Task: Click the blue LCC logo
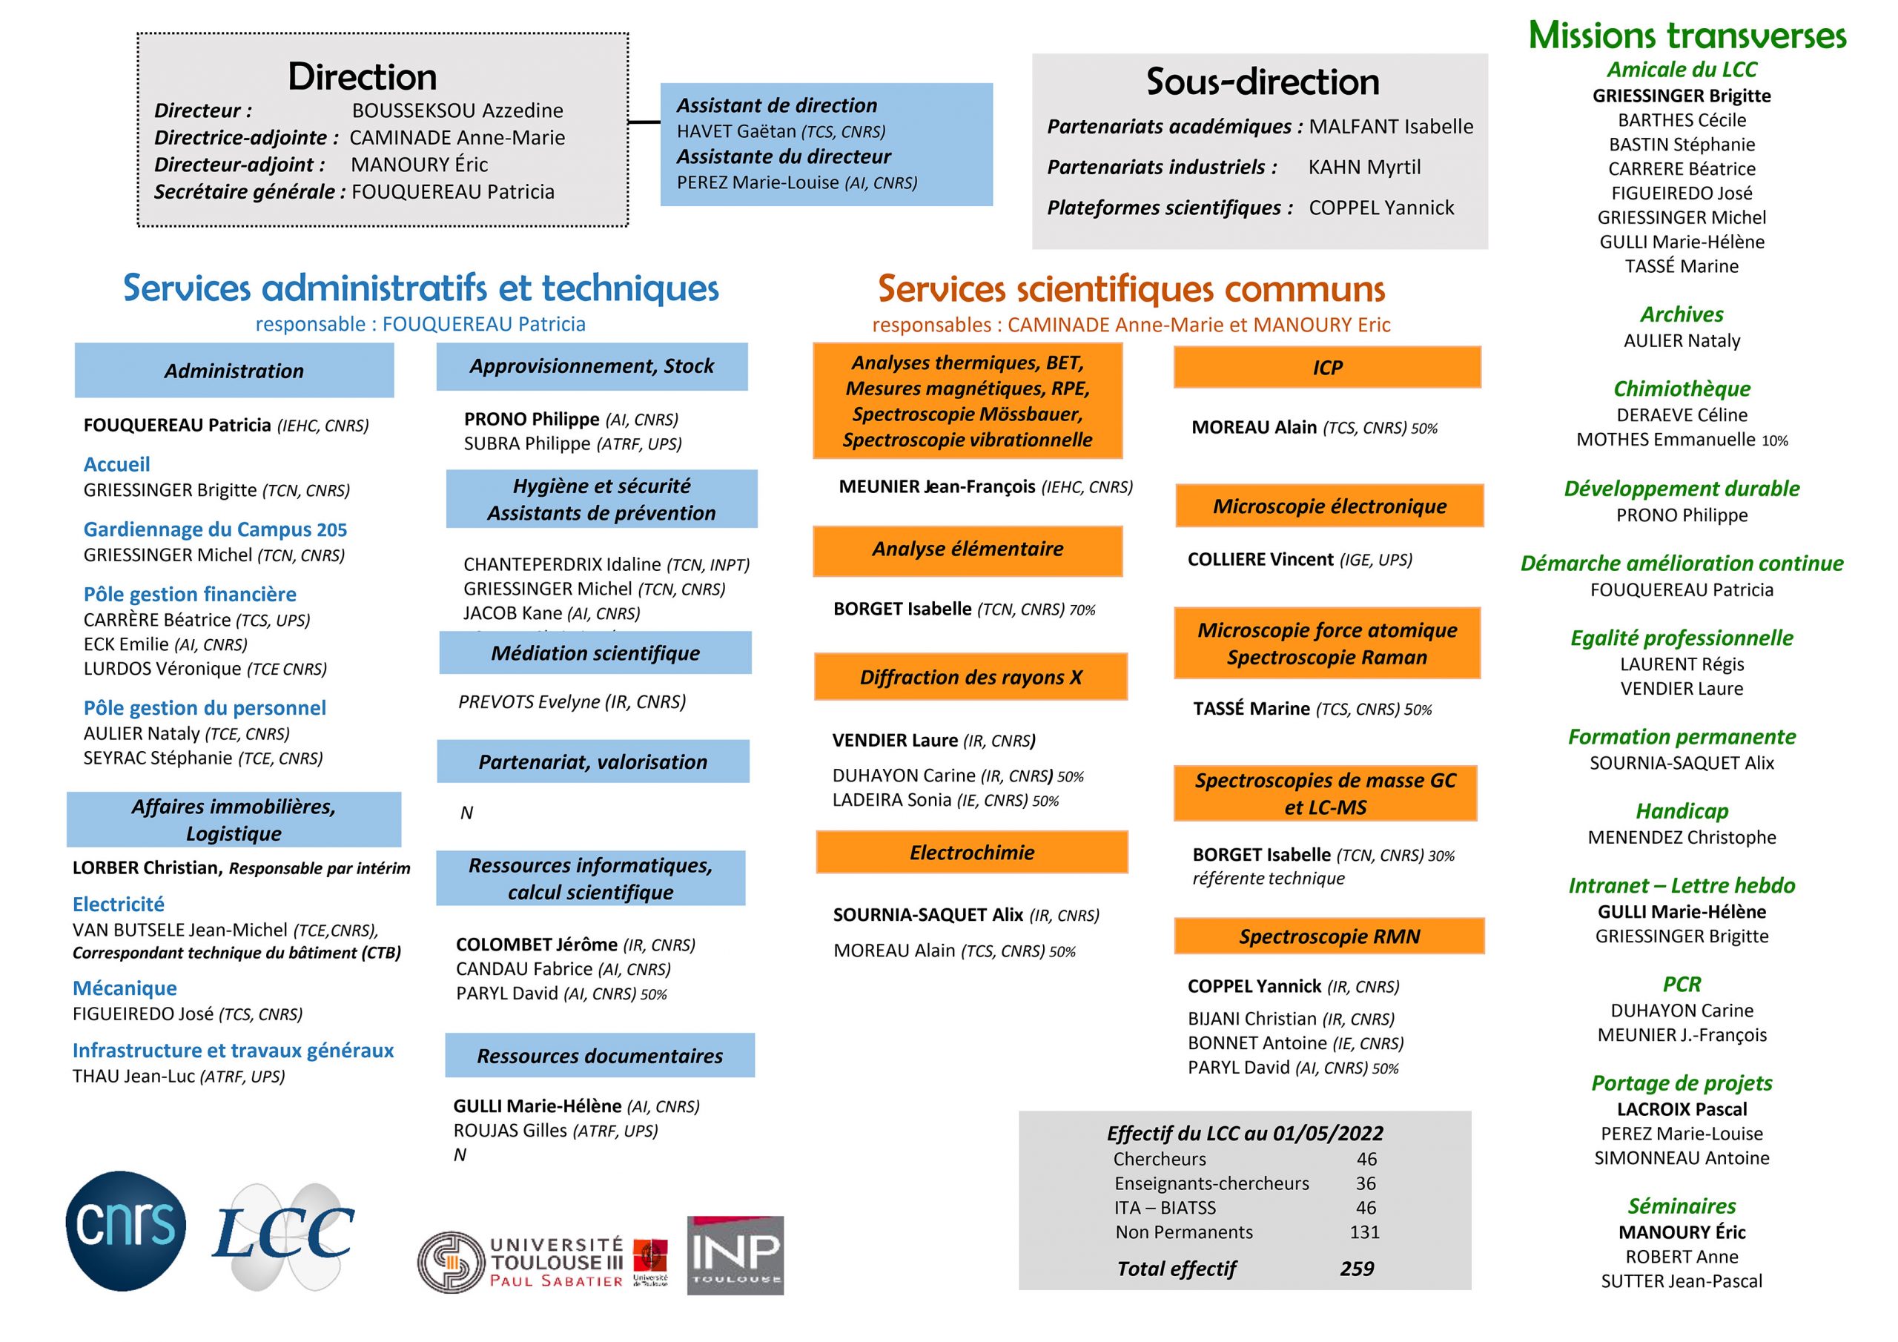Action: tap(282, 1233)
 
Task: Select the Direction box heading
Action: tap(362, 77)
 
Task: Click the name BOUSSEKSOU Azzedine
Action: tap(457, 110)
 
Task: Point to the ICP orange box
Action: tap(1327, 368)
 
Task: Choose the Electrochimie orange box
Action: tap(971, 853)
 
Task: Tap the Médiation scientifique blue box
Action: tap(595, 653)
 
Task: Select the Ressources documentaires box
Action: tap(599, 1056)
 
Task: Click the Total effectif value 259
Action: tap(1357, 1269)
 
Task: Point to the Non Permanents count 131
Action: tap(1364, 1232)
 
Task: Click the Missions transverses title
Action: tap(1687, 36)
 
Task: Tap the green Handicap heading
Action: tap(1682, 811)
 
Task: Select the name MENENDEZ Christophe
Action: tap(1682, 838)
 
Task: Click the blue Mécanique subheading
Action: tap(125, 988)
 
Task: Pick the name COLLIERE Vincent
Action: tap(1260, 560)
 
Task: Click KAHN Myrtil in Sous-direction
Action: tap(1364, 167)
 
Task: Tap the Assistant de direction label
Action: tap(776, 106)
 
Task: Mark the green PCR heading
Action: tap(1682, 984)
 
